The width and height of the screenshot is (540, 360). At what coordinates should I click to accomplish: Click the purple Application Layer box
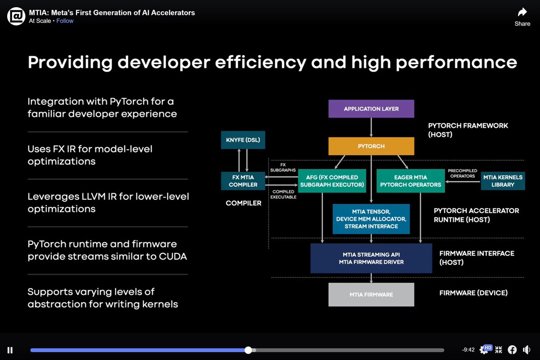pos(371,109)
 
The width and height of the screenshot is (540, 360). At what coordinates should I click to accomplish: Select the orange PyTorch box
pos(371,146)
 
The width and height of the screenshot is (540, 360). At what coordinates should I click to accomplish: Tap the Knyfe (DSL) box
pos(243,140)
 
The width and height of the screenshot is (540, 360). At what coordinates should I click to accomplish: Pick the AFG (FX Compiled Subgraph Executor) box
pos(332,180)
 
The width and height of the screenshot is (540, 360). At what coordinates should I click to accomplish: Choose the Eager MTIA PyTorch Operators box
pos(410,180)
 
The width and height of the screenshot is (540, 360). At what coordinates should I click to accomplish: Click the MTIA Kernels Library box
pos(503,180)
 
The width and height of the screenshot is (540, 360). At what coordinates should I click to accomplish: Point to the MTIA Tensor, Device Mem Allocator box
pos(371,219)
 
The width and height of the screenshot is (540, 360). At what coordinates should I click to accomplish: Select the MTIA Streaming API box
pos(371,258)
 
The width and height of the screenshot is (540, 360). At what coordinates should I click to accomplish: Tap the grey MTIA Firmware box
pos(371,294)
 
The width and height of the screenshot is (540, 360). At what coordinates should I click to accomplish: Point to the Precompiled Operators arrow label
pos(462,173)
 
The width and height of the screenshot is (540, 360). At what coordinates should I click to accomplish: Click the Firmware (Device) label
pos(473,293)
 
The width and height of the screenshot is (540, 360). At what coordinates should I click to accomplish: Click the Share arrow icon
pos(522,12)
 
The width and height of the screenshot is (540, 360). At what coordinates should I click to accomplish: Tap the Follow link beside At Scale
pos(65,21)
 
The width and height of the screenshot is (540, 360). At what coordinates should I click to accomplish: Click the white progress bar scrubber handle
pos(248,350)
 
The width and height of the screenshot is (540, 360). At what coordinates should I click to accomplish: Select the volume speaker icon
pos(526,350)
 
